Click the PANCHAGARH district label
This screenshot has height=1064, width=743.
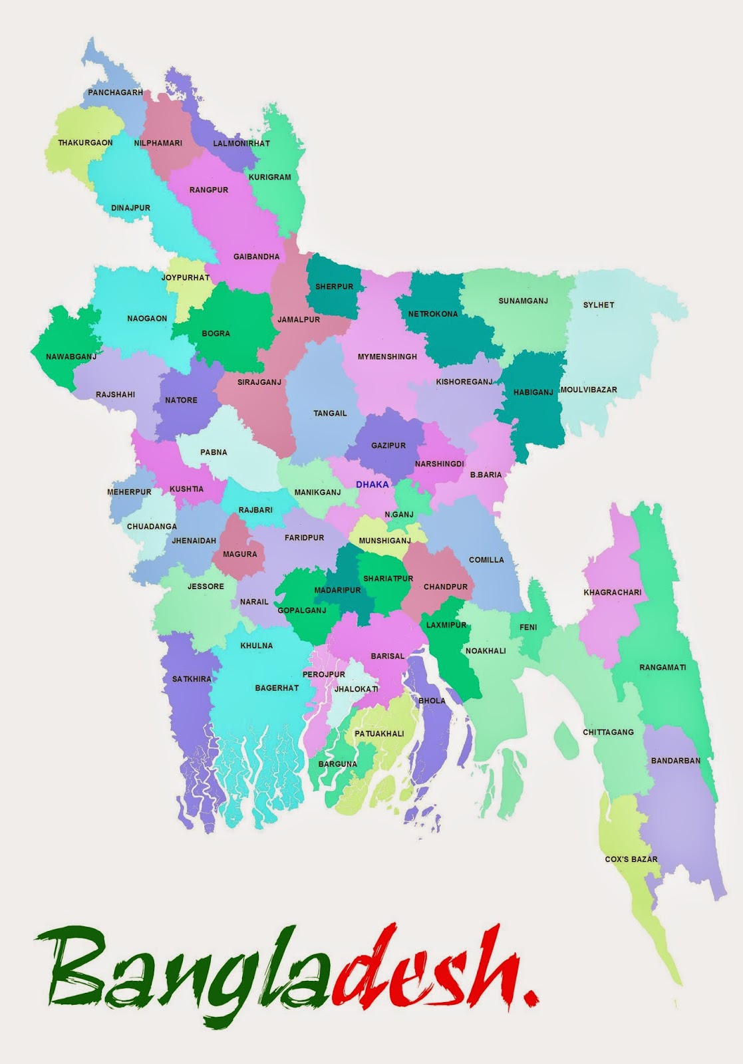click(x=115, y=92)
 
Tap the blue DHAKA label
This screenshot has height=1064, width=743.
click(x=372, y=485)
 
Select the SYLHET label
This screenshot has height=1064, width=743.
click(x=599, y=305)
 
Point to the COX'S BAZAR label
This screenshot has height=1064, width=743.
click(x=631, y=859)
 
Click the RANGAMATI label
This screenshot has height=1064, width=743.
click(x=663, y=667)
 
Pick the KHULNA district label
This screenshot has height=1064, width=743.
click(x=257, y=646)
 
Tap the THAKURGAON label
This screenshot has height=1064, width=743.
click(x=85, y=143)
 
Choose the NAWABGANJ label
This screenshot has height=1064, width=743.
click(x=71, y=357)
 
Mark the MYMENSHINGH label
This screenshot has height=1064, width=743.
click(x=387, y=357)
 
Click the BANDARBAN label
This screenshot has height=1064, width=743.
click(x=675, y=761)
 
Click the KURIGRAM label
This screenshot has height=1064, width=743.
click(x=269, y=178)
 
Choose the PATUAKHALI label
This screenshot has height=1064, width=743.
click(x=379, y=734)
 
